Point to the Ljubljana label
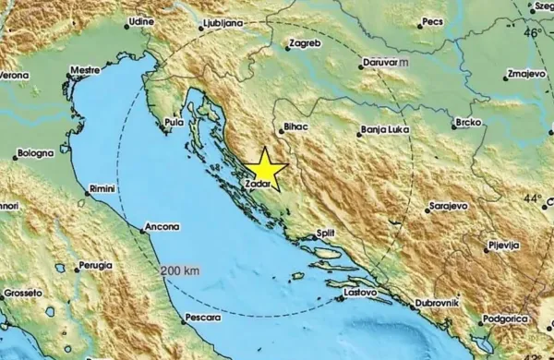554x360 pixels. [x=221, y=20]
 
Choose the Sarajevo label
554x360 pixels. [x=449, y=206]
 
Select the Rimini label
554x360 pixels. [x=100, y=188]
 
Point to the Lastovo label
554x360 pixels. [x=359, y=294]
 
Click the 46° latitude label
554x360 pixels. [x=533, y=32]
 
